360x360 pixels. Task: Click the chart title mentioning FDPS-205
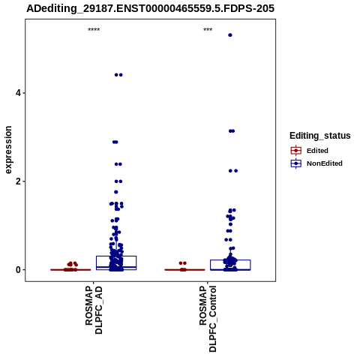click(x=150, y=8)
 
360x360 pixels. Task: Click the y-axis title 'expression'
click(x=8, y=150)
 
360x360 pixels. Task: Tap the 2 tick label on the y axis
click(x=18, y=181)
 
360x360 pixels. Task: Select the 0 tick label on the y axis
click(x=18, y=270)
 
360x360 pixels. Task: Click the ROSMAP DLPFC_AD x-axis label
click(x=94, y=310)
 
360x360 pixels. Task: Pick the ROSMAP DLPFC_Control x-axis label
click(x=208, y=319)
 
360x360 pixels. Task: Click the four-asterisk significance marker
click(x=94, y=30)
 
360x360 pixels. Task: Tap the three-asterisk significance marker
click(x=208, y=30)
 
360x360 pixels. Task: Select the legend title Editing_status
click(x=319, y=136)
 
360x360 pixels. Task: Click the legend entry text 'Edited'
click(x=317, y=151)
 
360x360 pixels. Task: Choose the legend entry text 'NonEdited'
click(x=325, y=163)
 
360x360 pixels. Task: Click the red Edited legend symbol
click(x=296, y=151)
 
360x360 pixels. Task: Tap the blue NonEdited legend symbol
click(x=296, y=163)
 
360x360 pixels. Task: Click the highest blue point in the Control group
click(x=230, y=35)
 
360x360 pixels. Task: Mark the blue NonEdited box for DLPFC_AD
click(x=116, y=256)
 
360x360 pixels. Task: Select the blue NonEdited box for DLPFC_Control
click(x=230, y=260)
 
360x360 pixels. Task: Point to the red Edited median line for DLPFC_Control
click(x=184, y=270)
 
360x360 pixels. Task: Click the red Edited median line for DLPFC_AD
click(x=70, y=270)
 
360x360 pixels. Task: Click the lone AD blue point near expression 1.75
click(x=116, y=192)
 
